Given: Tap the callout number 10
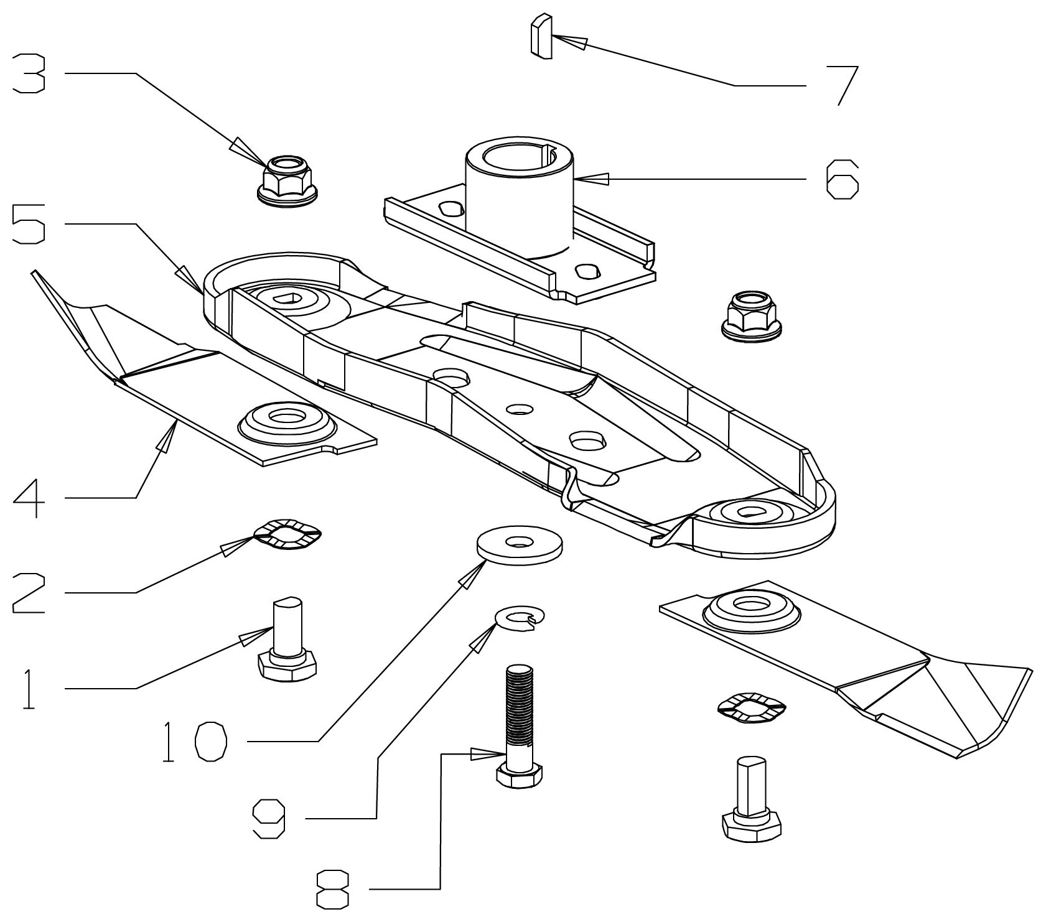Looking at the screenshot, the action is point(194,742).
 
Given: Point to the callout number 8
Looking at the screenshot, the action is point(333,890).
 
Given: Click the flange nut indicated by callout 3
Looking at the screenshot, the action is point(287,181).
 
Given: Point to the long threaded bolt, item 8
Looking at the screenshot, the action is point(520,726).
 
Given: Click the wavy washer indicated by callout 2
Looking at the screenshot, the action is point(287,534).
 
